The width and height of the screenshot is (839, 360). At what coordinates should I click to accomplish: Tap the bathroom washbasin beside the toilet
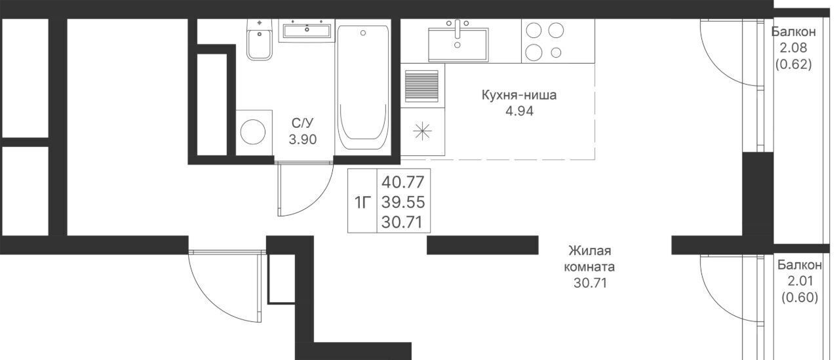click(307, 30)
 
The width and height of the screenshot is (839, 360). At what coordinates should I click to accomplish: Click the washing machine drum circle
click(253, 132)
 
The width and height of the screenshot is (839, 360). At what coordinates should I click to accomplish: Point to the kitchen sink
click(458, 44)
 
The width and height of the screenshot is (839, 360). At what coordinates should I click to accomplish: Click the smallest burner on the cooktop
click(556, 53)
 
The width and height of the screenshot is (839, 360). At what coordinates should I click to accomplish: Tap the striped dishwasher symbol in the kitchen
click(421, 86)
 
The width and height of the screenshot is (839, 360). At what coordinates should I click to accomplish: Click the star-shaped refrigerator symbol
click(422, 131)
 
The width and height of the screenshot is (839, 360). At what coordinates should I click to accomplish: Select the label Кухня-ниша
click(518, 95)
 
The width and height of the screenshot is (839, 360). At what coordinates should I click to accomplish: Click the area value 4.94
click(519, 111)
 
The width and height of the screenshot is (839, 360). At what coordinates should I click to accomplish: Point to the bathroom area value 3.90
click(303, 140)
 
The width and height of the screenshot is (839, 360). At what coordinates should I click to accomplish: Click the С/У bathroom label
click(303, 123)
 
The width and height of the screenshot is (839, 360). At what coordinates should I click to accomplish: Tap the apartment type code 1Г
click(362, 203)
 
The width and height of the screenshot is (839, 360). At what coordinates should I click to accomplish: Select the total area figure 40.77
click(403, 182)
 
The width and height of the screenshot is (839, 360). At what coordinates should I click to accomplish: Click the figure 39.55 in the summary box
click(403, 202)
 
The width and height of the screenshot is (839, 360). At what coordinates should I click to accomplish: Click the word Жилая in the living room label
click(590, 250)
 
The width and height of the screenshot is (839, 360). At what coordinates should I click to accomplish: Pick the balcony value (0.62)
click(793, 64)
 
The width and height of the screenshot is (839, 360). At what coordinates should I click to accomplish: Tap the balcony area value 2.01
click(800, 281)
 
